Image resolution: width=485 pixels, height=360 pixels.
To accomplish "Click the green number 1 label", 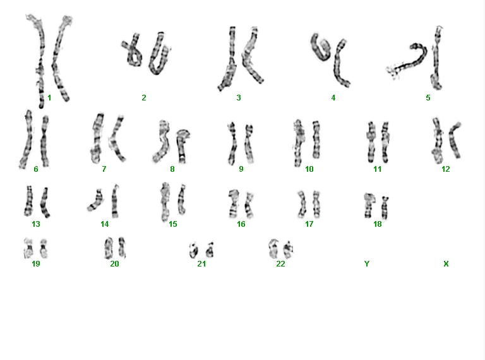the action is click(x=49, y=98).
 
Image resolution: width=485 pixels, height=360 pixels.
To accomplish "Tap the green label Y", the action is click(x=367, y=264).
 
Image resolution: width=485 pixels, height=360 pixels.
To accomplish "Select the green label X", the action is click(x=446, y=264).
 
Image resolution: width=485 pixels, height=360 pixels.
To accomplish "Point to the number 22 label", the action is click(x=280, y=264).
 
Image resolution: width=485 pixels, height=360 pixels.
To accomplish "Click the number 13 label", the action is click(x=36, y=224).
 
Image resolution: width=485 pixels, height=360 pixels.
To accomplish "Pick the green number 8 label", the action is click(x=172, y=169).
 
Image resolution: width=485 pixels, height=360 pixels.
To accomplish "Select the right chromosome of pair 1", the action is click(x=61, y=59).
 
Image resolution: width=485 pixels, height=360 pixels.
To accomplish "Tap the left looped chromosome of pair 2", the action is click(x=133, y=52).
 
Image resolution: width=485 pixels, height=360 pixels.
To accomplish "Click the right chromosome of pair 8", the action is click(x=182, y=145).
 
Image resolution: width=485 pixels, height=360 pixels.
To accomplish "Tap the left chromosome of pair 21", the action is click(x=194, y=250).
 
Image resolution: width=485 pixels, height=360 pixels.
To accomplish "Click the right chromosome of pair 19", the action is click(x=44, y=248).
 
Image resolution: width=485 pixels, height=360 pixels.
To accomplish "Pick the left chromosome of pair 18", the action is click(x=368, y=205).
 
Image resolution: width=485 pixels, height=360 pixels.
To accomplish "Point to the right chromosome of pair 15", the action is click(x=182, y=200).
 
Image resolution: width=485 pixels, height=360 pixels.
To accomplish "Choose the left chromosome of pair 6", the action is click(x=27, y=139).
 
